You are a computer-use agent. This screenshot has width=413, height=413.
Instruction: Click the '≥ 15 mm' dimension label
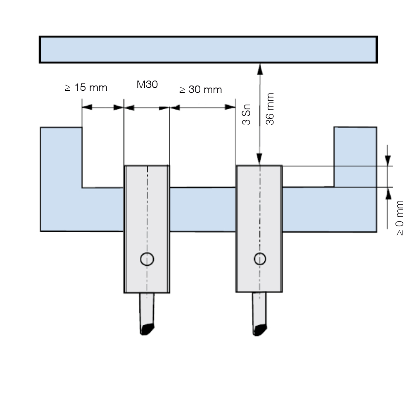pyautogui.click(x=86, y=88)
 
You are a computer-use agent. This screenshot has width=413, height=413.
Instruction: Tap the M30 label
pyautogui.click(x=147, y=85)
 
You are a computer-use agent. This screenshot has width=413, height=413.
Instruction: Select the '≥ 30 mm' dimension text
pyautogui.click(x=200, y=90)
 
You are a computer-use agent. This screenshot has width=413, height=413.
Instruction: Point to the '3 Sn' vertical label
pyautogui.click(x=246, y=114)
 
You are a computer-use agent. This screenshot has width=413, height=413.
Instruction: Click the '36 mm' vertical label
pyautogui.click(x=270, y=109)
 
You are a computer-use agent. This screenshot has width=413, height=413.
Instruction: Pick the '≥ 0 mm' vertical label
pyautogui.click(x=399, y=218)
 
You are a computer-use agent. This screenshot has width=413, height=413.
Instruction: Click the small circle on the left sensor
pyautogui.click(x=147, y=259)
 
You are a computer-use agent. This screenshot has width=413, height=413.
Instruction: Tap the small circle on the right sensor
pyautogui.click(x=260, y=259)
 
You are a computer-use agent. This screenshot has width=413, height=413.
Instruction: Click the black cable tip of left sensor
pyautogui.click(x=147, y=329)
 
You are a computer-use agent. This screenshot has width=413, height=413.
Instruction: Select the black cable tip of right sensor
pyautogui.click(x=260, y=330)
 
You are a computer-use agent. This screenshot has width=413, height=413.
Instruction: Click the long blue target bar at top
pyautogui.click(x=209, y=50)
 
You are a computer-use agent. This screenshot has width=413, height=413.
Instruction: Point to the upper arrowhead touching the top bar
pyautogui.click(x=260, y=69)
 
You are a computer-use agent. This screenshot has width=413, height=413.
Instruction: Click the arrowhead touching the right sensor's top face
pyautogui.click(x=259, y=159)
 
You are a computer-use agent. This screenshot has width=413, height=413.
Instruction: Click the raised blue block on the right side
pyautogui.click(x=355, y=157)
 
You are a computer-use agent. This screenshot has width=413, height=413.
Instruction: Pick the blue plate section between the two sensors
pyautogui.click(x=202, y=209)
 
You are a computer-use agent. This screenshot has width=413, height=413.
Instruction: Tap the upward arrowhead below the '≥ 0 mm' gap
pyautogui.click(x=388, y=194)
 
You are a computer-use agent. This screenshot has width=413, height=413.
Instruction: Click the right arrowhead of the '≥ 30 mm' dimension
pyautogui.click(x=230, y=107)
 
